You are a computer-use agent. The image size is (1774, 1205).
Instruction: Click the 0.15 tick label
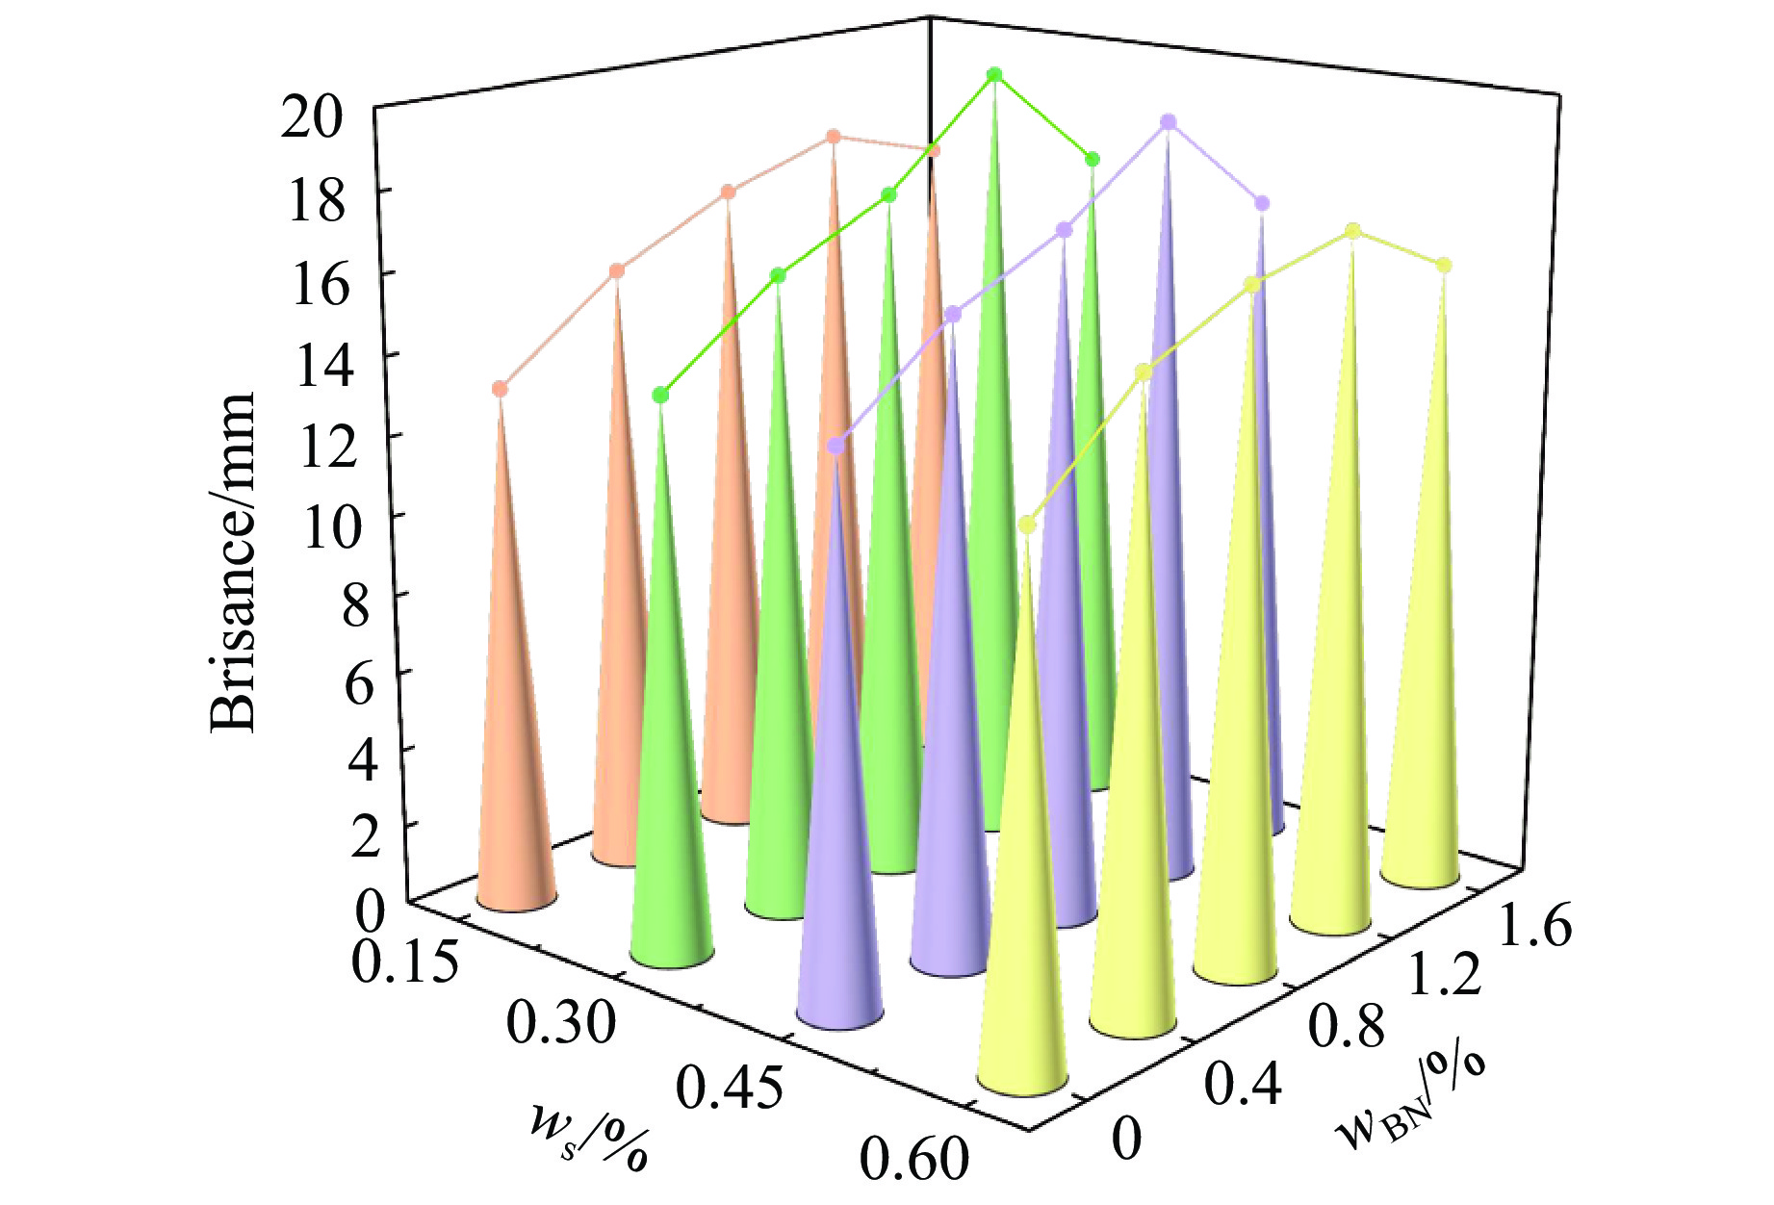403,961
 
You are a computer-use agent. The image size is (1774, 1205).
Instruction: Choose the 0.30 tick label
560,1022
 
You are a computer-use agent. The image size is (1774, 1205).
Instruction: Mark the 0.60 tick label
913,1157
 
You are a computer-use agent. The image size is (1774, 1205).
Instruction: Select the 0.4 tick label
1244,1084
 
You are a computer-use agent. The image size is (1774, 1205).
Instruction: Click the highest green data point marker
994,75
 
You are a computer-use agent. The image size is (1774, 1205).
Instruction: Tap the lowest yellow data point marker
1027,525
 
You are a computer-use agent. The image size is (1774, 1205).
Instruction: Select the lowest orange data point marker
500,389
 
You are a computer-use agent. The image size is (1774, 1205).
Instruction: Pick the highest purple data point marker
1169,122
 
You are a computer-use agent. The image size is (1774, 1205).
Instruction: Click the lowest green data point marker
660,395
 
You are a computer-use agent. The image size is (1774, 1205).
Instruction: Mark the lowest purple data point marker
836,446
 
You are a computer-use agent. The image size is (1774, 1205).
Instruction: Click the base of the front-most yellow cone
1022,1078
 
